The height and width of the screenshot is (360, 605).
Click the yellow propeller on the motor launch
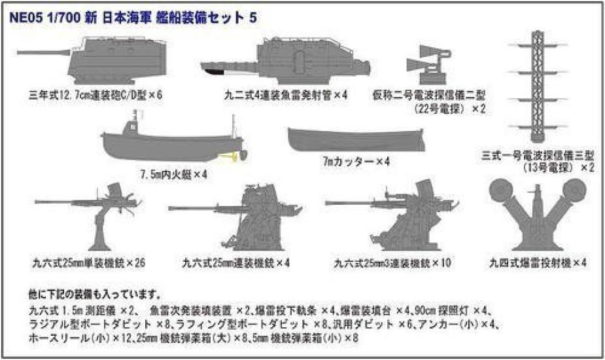pos(230,156)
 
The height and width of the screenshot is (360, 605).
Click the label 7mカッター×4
pos(356,161)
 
